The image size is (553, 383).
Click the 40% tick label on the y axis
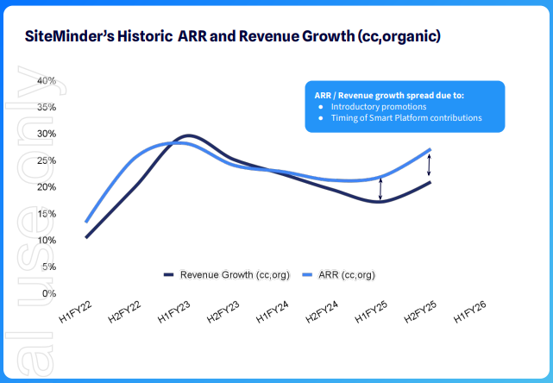46,80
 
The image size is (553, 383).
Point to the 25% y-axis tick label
46,160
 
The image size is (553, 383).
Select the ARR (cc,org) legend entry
342,274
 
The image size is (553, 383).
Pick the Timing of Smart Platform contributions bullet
405,117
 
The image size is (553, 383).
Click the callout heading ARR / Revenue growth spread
372,95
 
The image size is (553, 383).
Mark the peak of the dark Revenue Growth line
187,136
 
